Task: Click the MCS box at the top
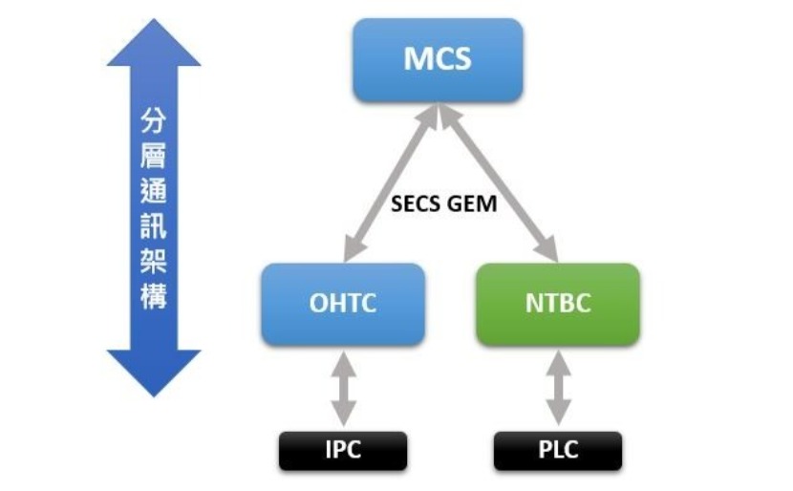438,59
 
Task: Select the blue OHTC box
342,304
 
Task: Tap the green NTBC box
557,304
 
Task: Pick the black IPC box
342,450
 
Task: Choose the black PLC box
558,450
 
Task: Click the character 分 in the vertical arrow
154,120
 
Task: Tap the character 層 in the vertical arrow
154,156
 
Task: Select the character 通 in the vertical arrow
154,190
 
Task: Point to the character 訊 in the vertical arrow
154,225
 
